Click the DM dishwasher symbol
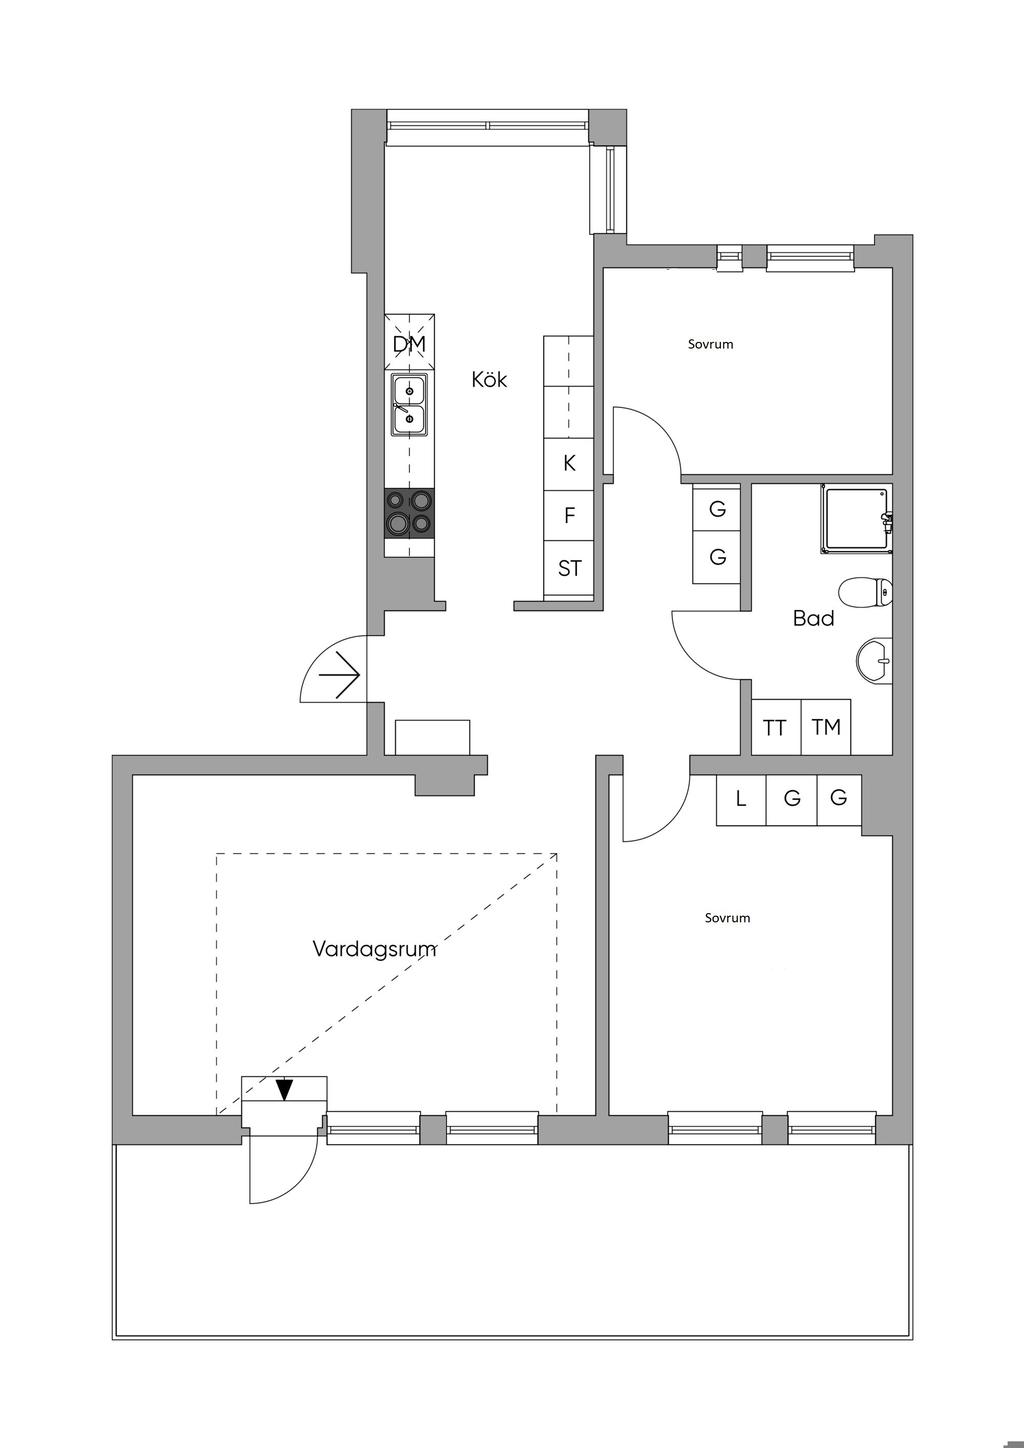[x=409, y=344]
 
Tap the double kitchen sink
[x=409, y=404]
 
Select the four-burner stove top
[x=410, y=512]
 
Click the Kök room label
[x=490, y=380]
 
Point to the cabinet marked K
[x=570, y=463]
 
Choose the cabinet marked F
[x=570, y=516]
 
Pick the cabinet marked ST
[x=570, y=569]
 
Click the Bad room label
[x=813, y=619]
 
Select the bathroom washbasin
[x=875, y=660]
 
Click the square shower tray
[x=855, y=518]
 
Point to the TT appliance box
[x=775, y=727]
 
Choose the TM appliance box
[x=826, y=727]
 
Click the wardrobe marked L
[x=741, y=799]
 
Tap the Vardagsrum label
[x=374, y=948]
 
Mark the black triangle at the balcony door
[x=285, y=1089]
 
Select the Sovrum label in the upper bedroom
[x=710, y=344]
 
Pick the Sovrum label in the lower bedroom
[x=727, y=918]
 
